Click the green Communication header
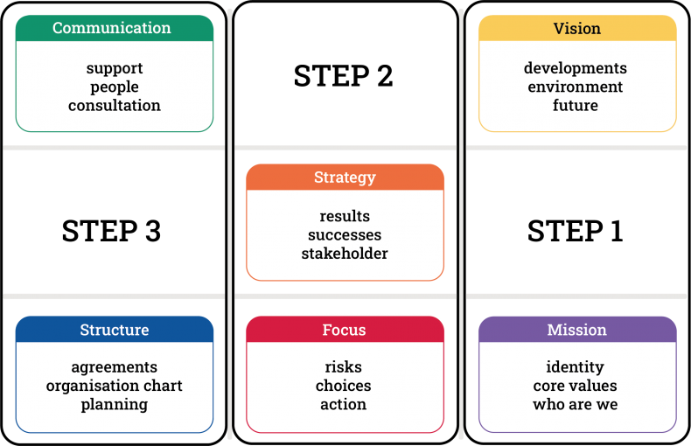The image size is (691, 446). point(115,28)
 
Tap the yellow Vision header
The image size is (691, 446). point(577,28)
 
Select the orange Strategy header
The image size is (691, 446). point(345,178)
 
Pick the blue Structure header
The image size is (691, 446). point(115,329)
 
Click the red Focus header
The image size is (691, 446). point(345,329)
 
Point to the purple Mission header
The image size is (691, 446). point(577,329)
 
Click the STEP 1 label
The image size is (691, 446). point(575,231)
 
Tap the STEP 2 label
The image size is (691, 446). point(343,76)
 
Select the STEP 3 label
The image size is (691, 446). point(111,231)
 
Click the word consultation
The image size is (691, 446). point(115,105)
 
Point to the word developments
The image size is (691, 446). point(575,68)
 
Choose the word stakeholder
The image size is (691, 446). point(345,254)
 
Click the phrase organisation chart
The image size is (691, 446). point(114,386)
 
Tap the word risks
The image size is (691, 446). point(343,366)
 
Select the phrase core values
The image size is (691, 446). point(575,386)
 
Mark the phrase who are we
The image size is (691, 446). point(575,404)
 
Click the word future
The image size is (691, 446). point(576,105)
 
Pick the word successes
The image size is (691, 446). point(345,235)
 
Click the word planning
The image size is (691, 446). point(115,405)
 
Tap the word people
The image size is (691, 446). point(115,87)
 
